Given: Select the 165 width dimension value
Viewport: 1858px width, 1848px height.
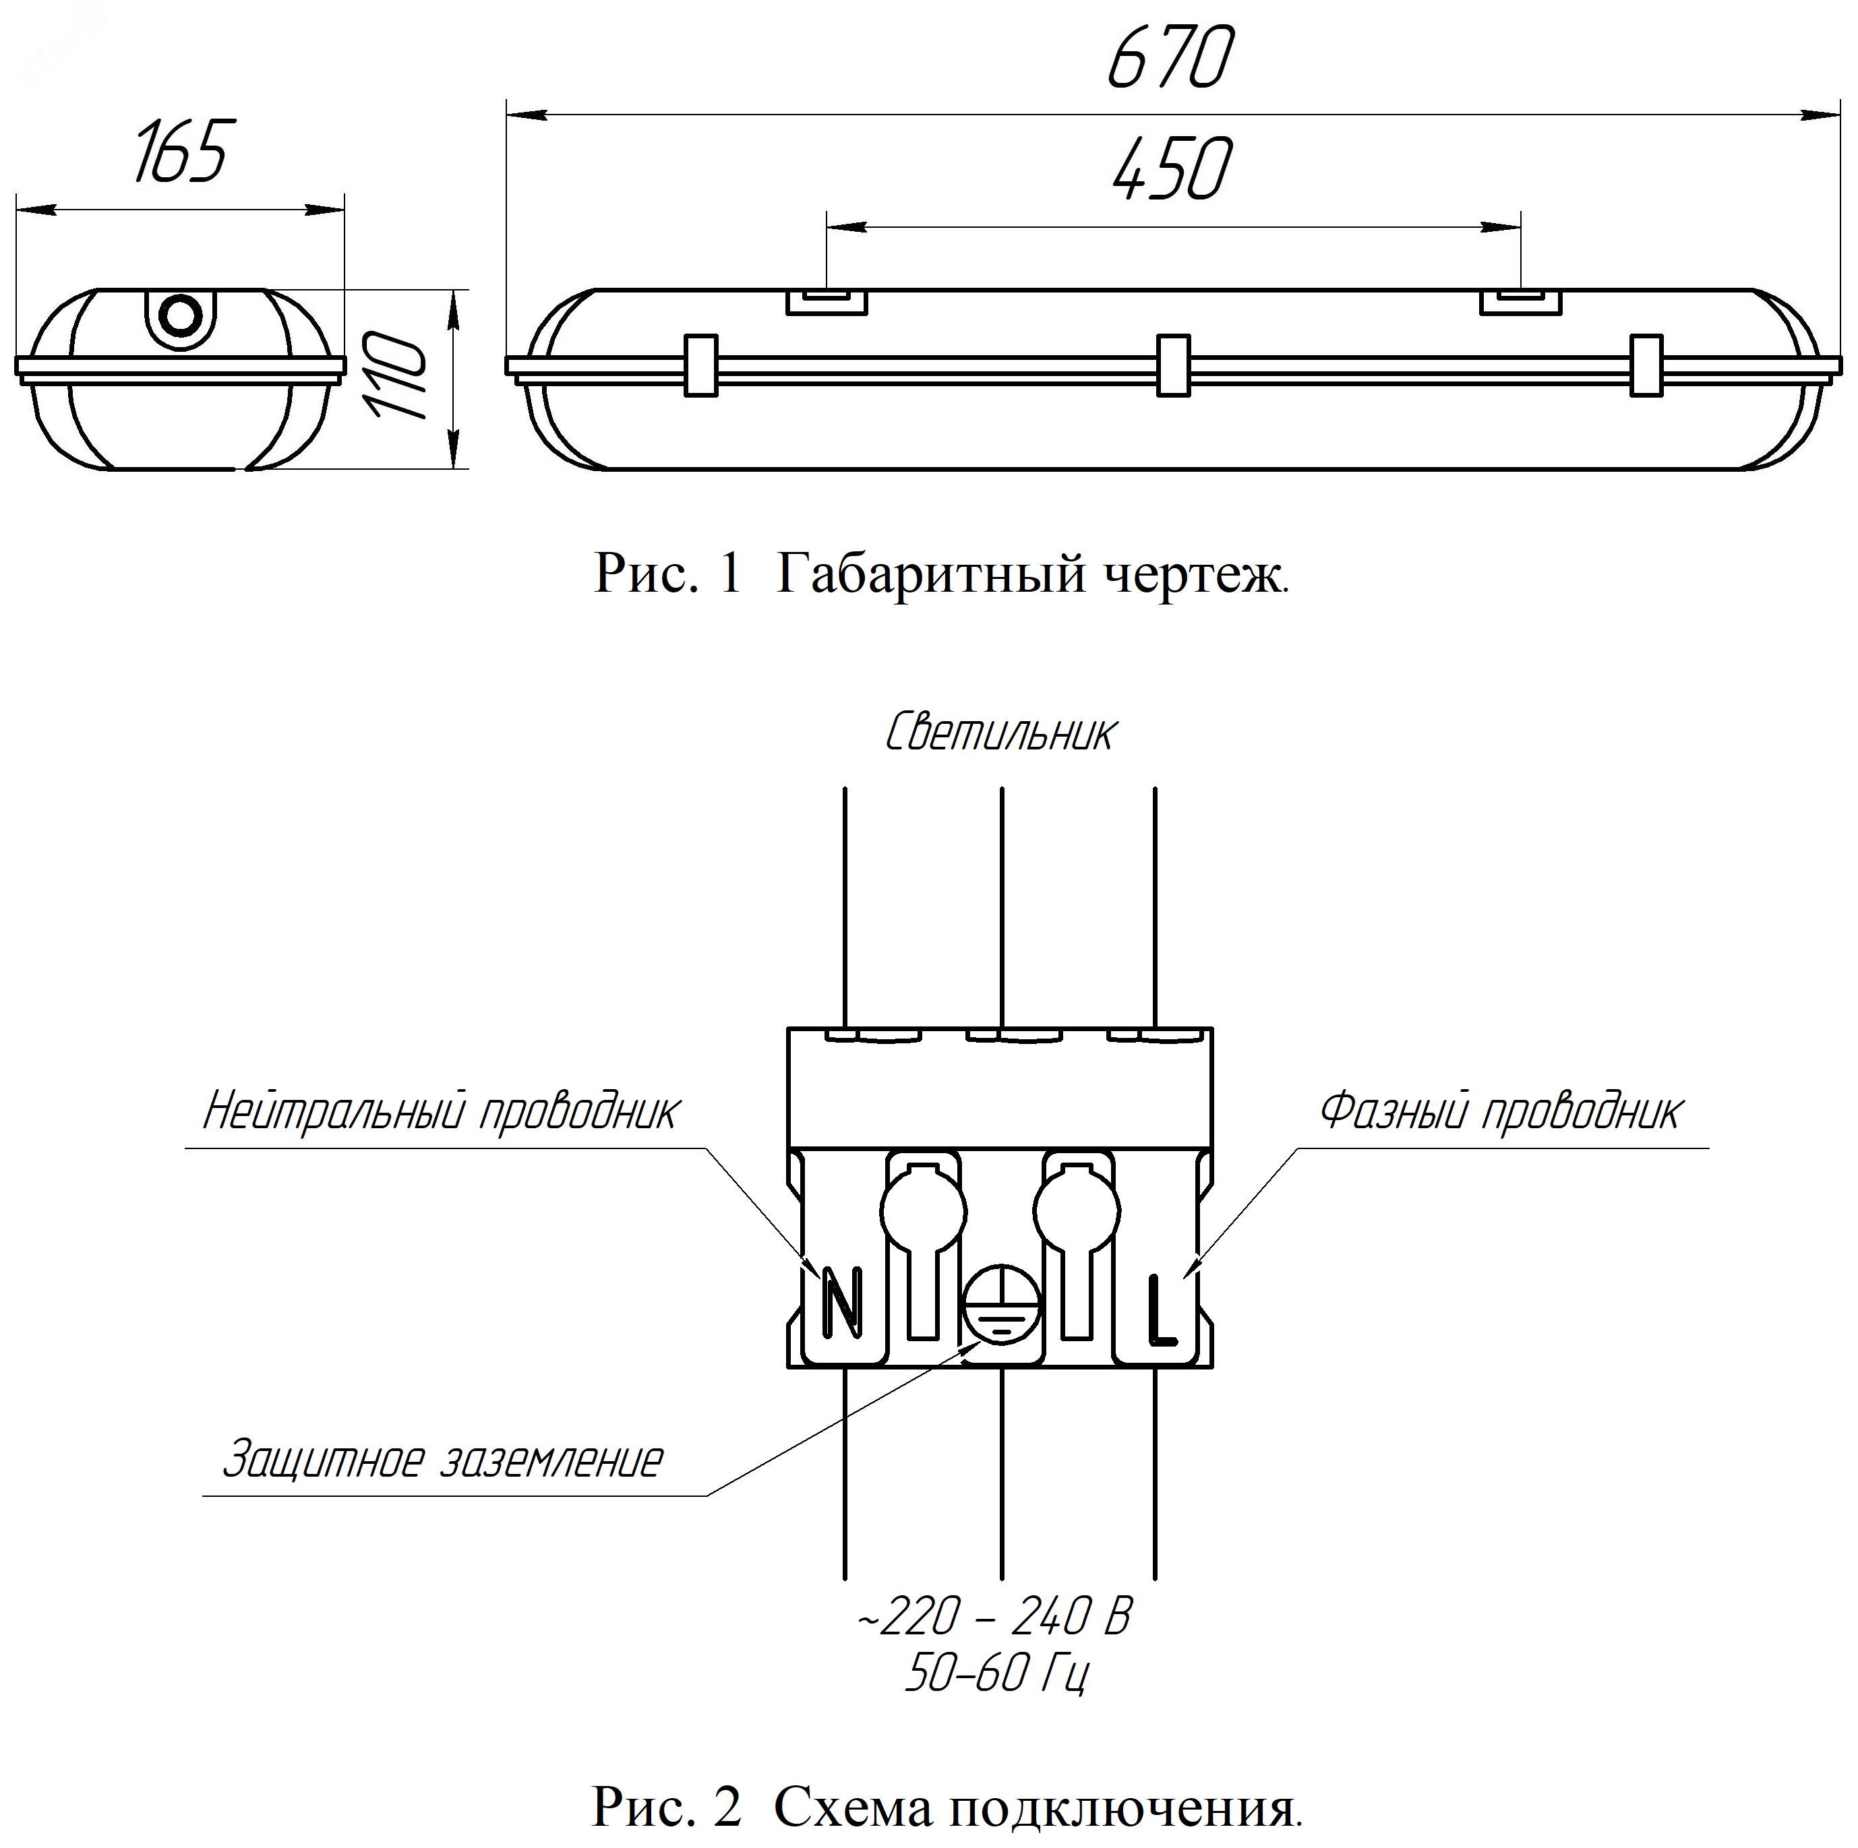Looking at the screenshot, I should (x=180, y=152).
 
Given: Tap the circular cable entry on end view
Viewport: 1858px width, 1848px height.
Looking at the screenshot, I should (x=180, y=313).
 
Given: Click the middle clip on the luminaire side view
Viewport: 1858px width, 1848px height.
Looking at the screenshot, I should (x=1173, y=365).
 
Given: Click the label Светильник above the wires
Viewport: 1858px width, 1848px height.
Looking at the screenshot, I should (x=1000, y=733).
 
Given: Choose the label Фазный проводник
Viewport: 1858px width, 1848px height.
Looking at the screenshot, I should (x=1500, y=1111).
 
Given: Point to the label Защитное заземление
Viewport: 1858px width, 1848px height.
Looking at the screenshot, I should (x=442, y=1460).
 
